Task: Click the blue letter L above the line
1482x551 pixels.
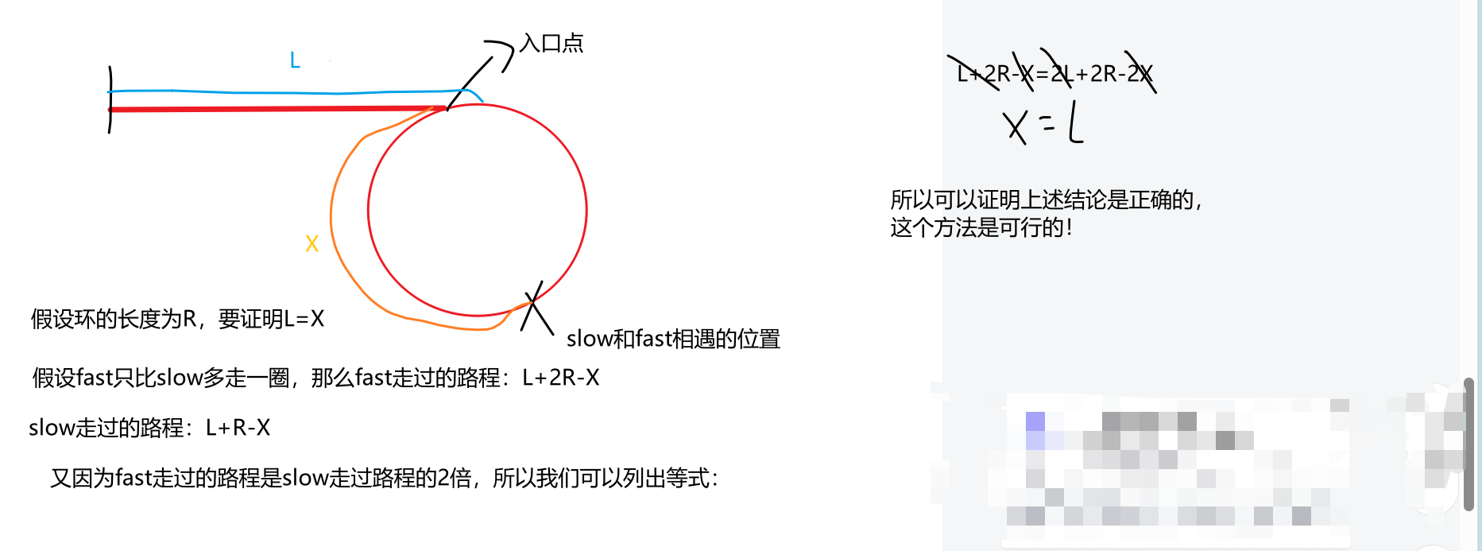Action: click(295, 60)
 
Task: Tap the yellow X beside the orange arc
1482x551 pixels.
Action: click(311, 243)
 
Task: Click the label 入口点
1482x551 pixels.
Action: click(551, 43)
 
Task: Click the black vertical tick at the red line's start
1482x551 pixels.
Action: click(110, 100)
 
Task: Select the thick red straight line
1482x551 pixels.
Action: click(278, 108)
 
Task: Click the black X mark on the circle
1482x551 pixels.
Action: click(536, 308)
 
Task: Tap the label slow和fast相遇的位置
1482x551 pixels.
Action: click(673, 340)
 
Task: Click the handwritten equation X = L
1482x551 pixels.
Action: click(1043, 125)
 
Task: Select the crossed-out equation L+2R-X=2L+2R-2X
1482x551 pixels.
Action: click(1054, 74)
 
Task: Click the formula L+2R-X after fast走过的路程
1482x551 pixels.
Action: click(560, 378)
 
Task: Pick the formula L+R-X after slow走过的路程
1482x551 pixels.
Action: click(238, 428)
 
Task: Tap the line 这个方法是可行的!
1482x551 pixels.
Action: click(981, 228)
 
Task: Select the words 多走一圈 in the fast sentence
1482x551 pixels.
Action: click(246, 378)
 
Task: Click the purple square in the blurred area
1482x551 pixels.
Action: click(1035, 421)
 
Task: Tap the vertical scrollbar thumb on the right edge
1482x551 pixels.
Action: click(1468, 445)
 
